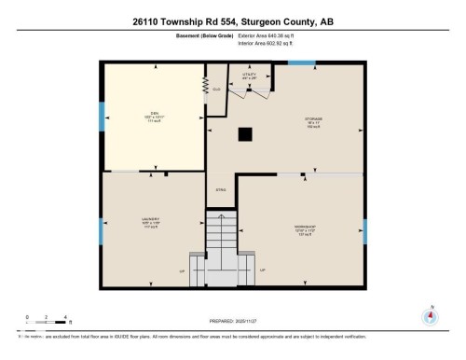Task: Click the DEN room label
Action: (154, 116)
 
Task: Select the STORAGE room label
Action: (312, 120)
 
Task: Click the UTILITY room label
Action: (250, 76)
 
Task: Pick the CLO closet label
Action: (216, 90)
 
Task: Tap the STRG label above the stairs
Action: (221, 190)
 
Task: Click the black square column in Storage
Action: (245, 134)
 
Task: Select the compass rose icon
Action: (430, 315)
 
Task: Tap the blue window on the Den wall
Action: (102, 116)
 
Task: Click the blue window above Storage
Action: (300, 63)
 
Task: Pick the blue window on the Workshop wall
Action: (364, 230)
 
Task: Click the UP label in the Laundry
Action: (182, 270)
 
